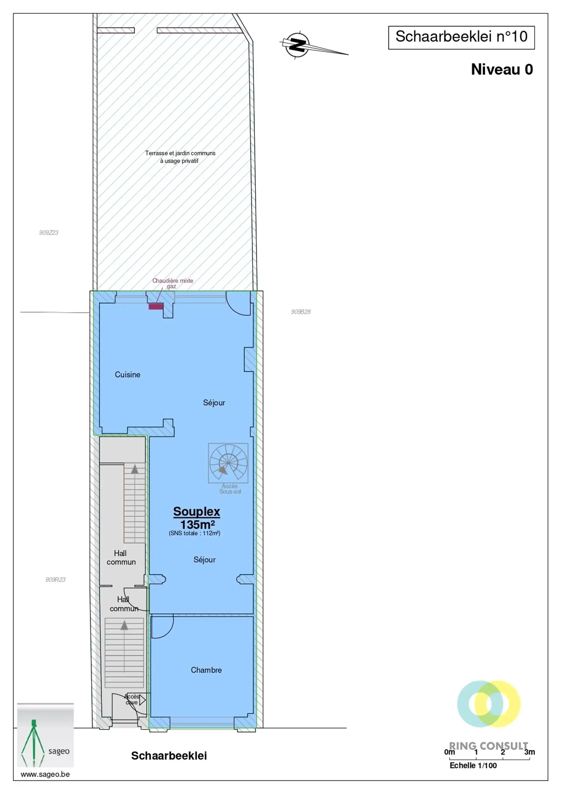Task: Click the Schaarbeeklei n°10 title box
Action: click(x=461, y=37)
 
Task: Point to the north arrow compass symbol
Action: click(x=298, y=45)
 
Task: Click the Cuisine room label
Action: click(x=128, y=375)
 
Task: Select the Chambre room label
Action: click(x=206, y=670)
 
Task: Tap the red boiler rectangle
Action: click(x=156, y=306)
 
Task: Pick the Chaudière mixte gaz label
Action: click(x=173, y=283)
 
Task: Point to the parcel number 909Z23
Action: click(x=49, y=233)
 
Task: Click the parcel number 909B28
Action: click(x=301, y=312)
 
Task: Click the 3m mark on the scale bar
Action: click(x=529, y=752)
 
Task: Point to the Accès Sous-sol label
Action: click(x=230, y=489)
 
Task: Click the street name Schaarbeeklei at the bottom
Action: click(x=169, y=756)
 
